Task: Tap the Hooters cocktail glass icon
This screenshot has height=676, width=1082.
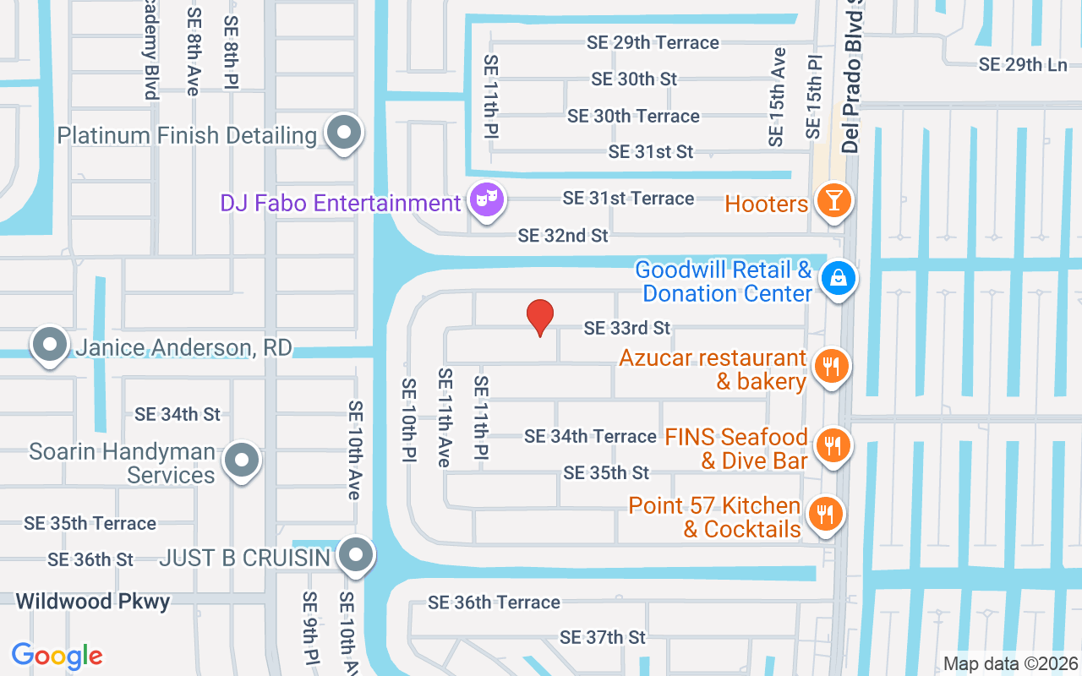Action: point(833,201)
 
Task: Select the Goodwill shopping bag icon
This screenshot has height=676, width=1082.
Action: point(838,276)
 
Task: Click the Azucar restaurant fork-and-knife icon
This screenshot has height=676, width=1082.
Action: point(832,366)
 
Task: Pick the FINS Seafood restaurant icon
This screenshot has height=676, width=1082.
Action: point(833,444)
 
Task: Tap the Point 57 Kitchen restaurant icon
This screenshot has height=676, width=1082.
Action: point(825,513)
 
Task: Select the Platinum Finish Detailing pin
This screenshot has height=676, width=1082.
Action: point(343,133)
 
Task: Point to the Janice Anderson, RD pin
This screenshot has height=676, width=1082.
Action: point(50,345)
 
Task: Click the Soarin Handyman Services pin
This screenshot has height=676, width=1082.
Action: point(243,460)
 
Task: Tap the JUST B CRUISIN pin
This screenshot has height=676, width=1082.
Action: point(356,555)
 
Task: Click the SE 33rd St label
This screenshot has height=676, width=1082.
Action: point(626,327)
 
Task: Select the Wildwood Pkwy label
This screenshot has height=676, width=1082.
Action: point(93,602)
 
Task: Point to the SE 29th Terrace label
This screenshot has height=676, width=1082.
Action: point(653,42)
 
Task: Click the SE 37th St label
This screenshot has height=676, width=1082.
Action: point(602,637)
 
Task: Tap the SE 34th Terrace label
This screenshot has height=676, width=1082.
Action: point(590,436)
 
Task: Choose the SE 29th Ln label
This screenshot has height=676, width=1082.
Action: point(1023,64)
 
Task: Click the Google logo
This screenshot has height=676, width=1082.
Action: point(57,656)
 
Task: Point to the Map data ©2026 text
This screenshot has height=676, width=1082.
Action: point(1011,663)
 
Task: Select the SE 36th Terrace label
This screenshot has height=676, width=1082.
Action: point(494,602)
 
